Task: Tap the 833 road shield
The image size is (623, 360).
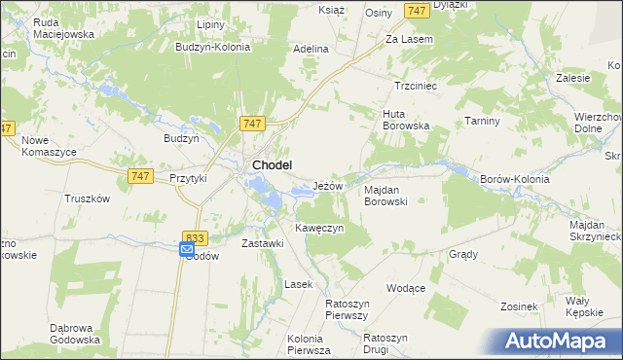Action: click(x=194, y=236)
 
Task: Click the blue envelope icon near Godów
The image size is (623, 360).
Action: click(x=187, y=250)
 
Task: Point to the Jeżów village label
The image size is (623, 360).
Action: click(x=327, y=186)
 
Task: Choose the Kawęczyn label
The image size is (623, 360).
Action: click(x=319, y=228)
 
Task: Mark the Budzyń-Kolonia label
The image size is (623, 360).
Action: click(x=213, y=46)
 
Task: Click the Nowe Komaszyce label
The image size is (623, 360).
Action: click(x=50, y=147)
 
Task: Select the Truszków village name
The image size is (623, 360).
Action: click(x=87, y=198)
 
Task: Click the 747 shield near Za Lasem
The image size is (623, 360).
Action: click(x=417, y=10)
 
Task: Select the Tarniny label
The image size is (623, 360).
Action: click(x=482, y=121)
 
